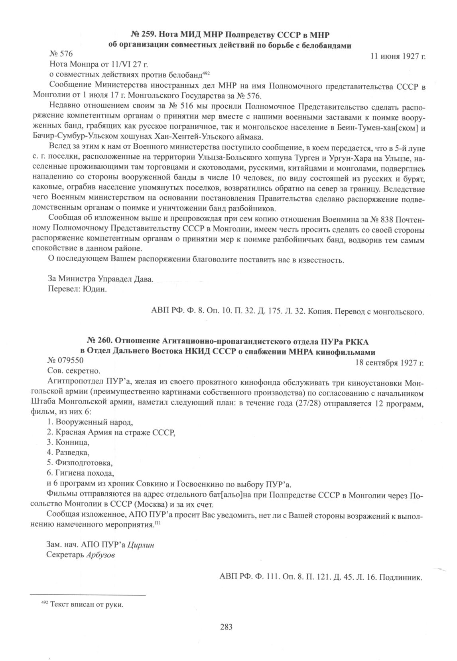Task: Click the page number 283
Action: coord(226,627)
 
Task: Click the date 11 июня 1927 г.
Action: coord(398,57)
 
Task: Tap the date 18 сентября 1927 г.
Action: coord(390,363)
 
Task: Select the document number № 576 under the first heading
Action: coord(61,53)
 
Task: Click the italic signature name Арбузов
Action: coord(100,555)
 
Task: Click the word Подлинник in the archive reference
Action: coord(401,577)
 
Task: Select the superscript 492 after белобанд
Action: coord(206,72)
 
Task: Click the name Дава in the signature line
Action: coord(144,279)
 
